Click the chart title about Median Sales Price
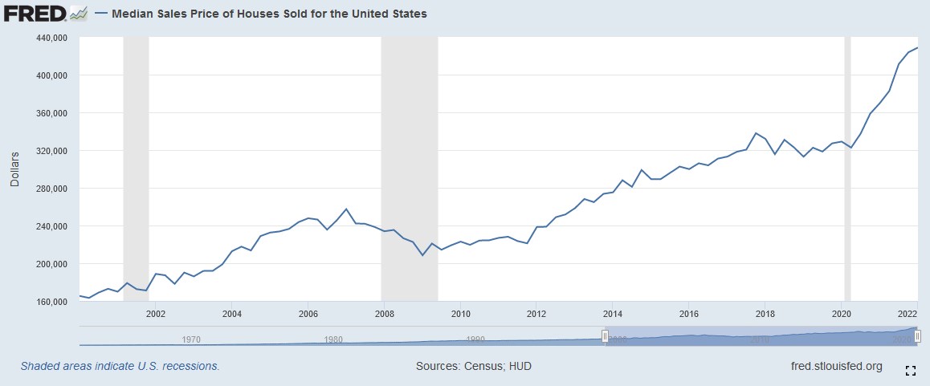coord(268,14)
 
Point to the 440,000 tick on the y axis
coord(51,38)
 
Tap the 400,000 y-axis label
coord(51,75)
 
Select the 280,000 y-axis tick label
coord(51,189)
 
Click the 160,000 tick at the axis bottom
coord(51,302)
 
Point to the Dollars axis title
coord(14,169)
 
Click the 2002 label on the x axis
coord(155,314)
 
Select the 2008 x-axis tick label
coord(384,314)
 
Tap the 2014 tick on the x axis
coord(613,314)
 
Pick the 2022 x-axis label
coord(908,314)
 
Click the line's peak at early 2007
coord(346,209)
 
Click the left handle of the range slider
coord(605,335)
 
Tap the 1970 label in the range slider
coord(191,339)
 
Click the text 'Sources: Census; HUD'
coord(473,366)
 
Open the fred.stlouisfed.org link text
coord(836,366)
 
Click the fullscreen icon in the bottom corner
coord(911,370)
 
